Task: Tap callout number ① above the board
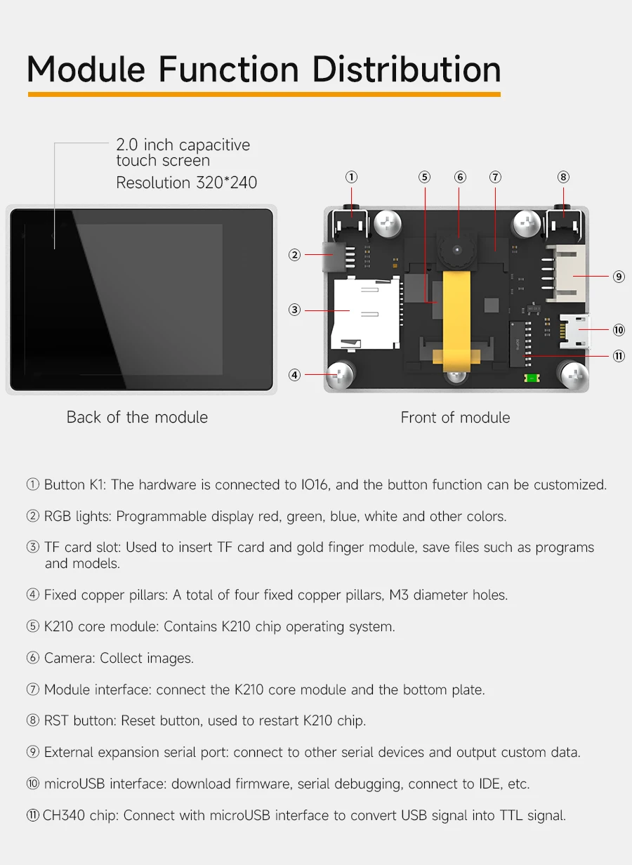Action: tap(352, 177)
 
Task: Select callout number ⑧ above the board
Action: tap(564, 177)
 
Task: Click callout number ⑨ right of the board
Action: tap(619, 277)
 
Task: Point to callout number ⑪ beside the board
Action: tap(619, 356)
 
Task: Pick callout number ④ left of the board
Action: tap(295, 375)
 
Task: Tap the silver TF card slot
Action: tap(365, 312)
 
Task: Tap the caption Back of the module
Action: tap(137, 417)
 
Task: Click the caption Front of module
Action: tap(455, 417)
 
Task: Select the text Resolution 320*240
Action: tap(187, 183)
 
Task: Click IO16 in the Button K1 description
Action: tap(312, 484)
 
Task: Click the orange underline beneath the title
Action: tap(264, 94)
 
